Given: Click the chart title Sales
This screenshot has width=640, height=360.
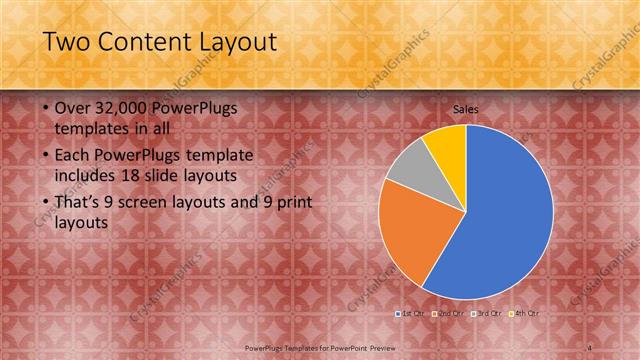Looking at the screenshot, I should [466, 107].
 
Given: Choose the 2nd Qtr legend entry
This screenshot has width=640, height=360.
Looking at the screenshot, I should [449, 313].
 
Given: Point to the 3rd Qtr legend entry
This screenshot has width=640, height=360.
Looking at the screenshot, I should [487, 313].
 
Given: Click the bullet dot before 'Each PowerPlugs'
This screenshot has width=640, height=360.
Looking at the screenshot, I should [47, 156].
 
